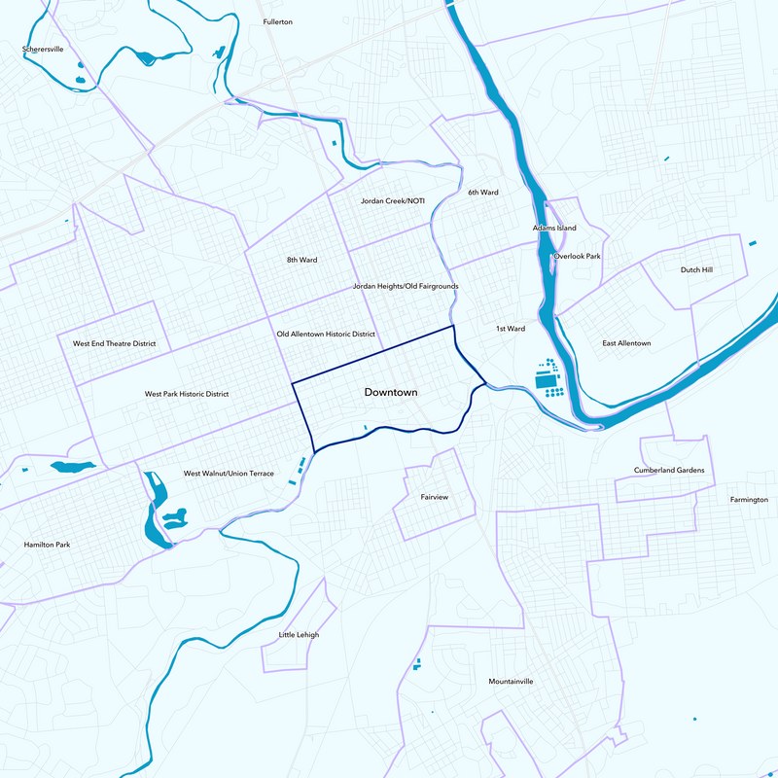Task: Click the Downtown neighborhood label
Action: click(x=390, y=393)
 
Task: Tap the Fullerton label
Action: click(x=278, y=21)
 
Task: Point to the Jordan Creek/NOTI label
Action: click(x=393, y=201)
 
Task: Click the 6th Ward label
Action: click(x=482, y=193)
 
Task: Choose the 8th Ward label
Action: click(x=301, y=260)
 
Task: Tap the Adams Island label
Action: click(x=554, y=228)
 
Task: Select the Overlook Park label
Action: click(x=578, y=256)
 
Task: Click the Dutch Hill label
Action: click(x=696, y=269)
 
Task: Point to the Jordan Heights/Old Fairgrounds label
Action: click(x=405, y=287)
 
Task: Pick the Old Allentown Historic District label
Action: click(x=326, y=334)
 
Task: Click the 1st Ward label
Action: click(x=510, y=329)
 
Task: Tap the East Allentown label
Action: click(x=626, y=343)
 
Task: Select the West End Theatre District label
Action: click(x=115, y=343)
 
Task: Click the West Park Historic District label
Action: click(x=187, y=394)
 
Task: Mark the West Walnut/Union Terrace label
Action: click(x=229, y=474)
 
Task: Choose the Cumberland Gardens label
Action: click(x=669, y=470)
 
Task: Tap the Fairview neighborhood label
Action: click(x=434, y=497)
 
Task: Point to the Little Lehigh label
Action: click(x=299, y=635)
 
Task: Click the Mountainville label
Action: click(x=511, y=682)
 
